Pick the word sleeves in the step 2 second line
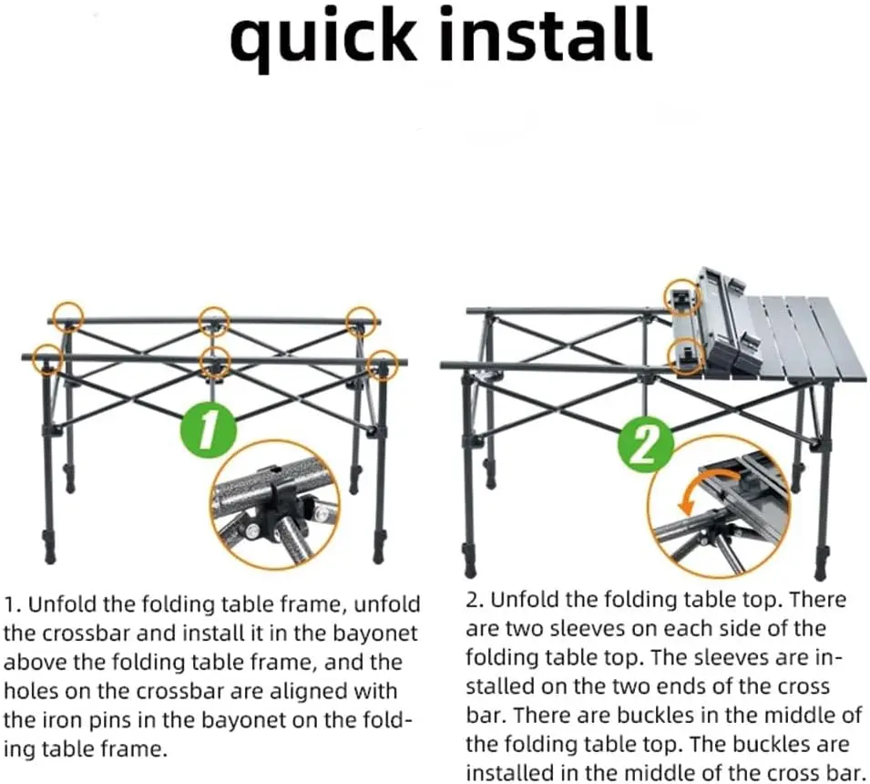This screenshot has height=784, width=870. [620, 628]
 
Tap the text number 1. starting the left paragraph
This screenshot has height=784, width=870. [13, 603]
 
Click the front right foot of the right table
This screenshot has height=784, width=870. [821, 571]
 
